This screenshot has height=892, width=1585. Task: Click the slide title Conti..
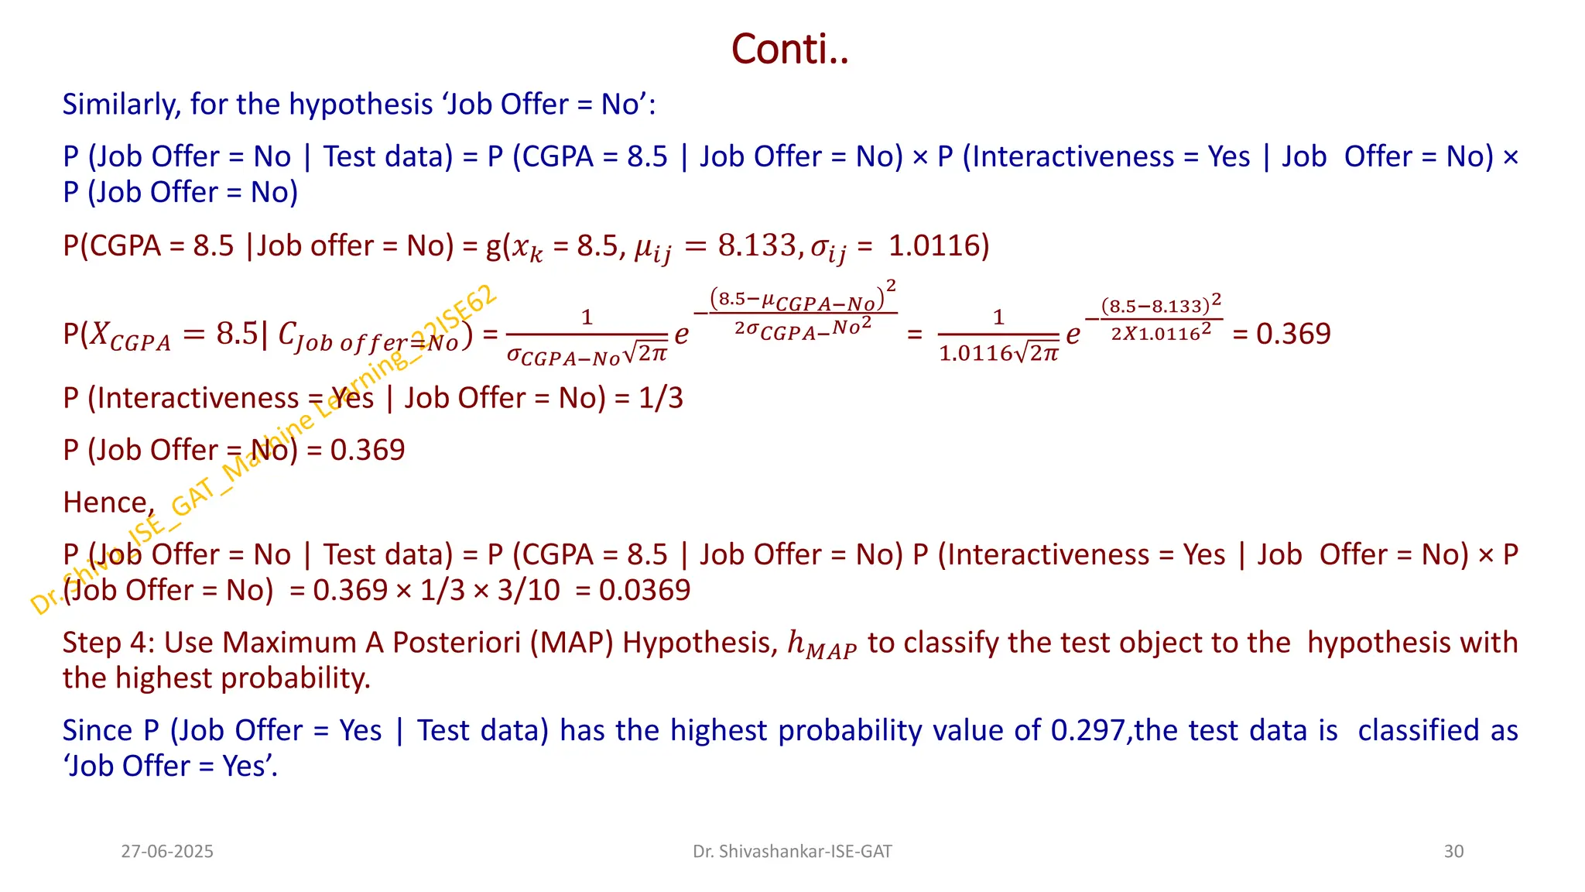(x=789, y=50)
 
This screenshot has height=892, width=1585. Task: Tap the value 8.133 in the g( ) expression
(x=756, y=245)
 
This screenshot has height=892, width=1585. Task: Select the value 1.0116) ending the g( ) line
(x=939, y=245)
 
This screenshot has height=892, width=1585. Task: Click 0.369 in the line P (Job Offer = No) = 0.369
(x=368, y=450)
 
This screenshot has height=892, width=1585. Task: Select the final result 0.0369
(x=645, y=590)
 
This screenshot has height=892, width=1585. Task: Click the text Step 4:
(x=108, y=643)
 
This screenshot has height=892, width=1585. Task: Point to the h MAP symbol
(x=821, y=645)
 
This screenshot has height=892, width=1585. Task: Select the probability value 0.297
(x=1087, y=730)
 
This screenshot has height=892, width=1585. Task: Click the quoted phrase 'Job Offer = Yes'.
(x=170, y=766)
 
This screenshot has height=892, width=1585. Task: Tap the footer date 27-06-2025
(x=167, y=852)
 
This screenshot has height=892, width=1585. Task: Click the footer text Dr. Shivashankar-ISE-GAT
(x=792, y=852)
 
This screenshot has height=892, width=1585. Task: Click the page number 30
(x=1453, y=852)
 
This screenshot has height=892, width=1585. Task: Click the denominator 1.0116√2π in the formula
(x=998, y=354)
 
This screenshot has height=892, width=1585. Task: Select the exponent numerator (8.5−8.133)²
(x=1161, y=304)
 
